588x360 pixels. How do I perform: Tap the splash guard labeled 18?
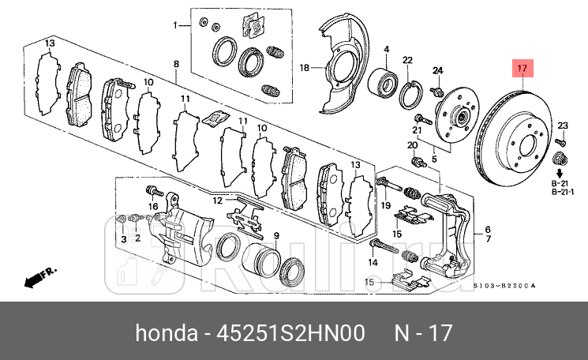pyautogui.click(x=339, y=66)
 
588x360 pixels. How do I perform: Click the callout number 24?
pyautogui.click(x=438, y=71)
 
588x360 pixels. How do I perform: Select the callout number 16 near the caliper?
pyautogui.click(x=154, y=207)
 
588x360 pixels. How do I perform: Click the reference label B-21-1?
pyautogui.click(x=562, y=191)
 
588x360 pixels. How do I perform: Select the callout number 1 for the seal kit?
pyautogui.click(x=177, y=25)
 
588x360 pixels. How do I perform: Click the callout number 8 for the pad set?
pyautogui.click(x=176, y=63)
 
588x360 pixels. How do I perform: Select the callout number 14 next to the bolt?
pyautogui.click(x=373, y=261)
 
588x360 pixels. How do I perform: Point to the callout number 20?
pyautogui.click(x=411, y=145)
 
